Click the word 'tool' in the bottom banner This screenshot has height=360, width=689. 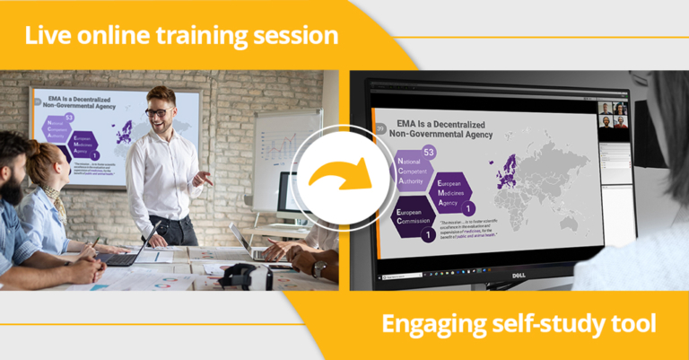tap(633, 323)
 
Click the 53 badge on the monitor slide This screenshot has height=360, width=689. tap(429, 153)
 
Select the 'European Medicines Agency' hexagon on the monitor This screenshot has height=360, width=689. tap(456, 191)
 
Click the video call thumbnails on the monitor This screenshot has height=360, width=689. tap(614, 115)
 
